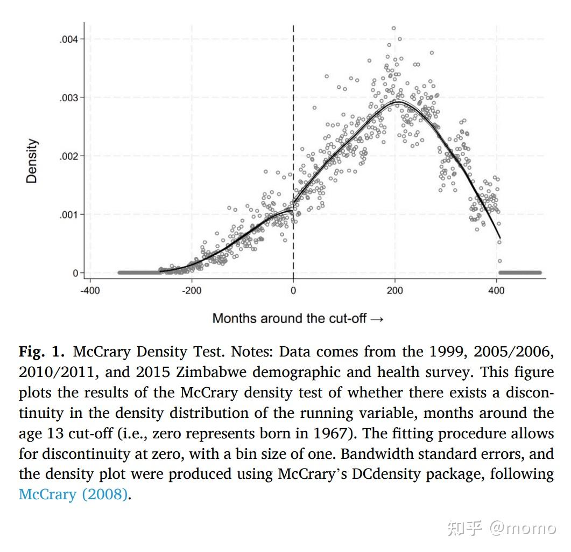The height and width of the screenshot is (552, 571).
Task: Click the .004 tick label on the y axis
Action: coord(68,39)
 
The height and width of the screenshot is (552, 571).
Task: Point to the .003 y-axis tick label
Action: coord(68,97)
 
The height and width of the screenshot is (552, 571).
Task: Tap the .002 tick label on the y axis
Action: coord(68,156)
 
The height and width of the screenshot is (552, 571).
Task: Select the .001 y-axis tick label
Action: coord(68,214)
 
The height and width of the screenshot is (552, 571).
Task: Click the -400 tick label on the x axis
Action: coord(90,291)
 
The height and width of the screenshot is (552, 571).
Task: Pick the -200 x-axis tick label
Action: coord(191,291)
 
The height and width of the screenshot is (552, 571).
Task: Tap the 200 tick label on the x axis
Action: coord(394,291)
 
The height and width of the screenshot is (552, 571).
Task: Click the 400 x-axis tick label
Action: coord(496,291)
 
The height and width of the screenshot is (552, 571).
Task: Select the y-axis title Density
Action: coord(32,161)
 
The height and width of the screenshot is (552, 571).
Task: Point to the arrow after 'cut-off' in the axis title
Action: coord(377,318)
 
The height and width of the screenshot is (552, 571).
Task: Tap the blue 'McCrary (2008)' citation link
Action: coord(73,494)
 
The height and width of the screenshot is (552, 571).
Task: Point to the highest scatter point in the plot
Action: coord(393,28)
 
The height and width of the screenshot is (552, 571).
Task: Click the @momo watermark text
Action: coord(522,528)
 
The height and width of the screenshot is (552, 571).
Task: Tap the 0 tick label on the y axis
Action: coord(75,273)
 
